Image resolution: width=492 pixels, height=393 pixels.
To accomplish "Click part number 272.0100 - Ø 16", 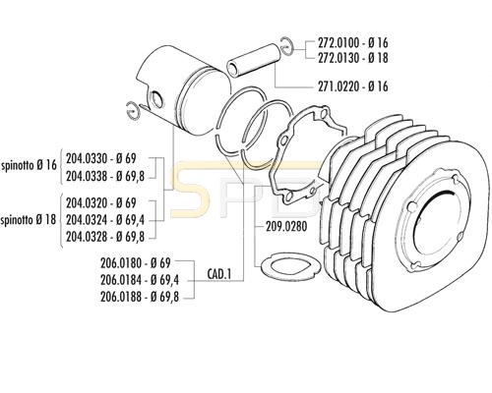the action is pyautogui.click(x=353, y=42).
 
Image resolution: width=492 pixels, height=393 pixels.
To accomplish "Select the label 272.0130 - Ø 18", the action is pyautogui.click(x=353, y=58).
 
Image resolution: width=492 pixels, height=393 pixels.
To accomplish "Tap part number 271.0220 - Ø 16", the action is pyautogui.click(x=353, y=86).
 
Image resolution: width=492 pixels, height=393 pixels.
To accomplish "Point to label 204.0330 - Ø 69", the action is pyautogui.click(x=100, y=158).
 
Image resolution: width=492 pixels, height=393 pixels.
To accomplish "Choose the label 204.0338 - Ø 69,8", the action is pyautogui.click(x=105, y=176).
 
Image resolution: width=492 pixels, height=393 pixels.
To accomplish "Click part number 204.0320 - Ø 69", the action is pyautogui.click(x=100, y=203).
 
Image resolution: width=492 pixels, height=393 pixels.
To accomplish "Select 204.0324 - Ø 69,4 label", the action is pyautogui.click(x=105, y=220).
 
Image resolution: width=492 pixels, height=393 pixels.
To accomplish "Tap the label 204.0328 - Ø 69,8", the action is pyautogui.click(x=105, y=237).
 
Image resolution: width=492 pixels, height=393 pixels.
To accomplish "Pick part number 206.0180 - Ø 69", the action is pyautogui.click(x=136, y=263).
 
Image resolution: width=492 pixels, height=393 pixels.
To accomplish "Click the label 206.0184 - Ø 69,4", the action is pyautogui.click(x=140, y=280).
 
